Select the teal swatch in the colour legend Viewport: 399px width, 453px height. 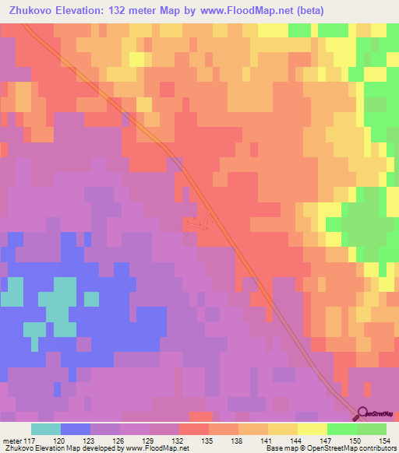coord(46,429)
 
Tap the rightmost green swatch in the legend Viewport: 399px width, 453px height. coord(372,429)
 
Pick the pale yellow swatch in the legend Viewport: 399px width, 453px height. coord(312,429)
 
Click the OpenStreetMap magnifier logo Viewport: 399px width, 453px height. coord(364,415)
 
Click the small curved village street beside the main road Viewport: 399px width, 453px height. coord(194,226)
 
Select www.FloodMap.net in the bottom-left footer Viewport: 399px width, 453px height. coord(157,448)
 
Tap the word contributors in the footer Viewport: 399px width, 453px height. coord(377,448)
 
